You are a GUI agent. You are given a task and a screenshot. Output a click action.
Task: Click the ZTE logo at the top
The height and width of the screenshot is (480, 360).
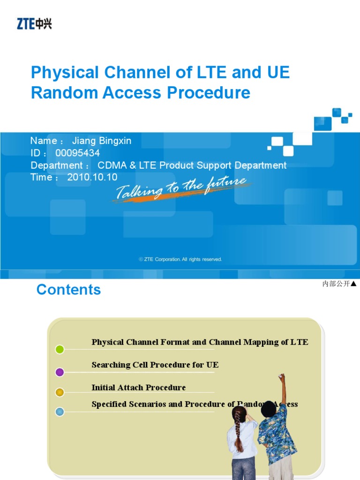tap(34, 23)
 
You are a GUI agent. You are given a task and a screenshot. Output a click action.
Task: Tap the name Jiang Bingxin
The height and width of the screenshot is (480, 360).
tap(102, 141)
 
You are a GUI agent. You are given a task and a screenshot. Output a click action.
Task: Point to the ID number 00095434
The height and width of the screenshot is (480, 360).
tap(77, 153)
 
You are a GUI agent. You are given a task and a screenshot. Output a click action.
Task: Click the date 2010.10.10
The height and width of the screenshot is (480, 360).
tap(92, 178)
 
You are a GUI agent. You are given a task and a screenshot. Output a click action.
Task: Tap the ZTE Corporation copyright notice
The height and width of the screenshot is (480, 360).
tap(180, 259)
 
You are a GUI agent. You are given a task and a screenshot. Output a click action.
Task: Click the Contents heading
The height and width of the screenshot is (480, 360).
tap(68, 290)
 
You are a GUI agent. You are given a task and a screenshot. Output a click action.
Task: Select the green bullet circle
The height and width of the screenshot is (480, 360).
tap(60, 349)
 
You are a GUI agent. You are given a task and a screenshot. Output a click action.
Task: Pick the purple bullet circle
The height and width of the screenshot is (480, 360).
tap(60, 372)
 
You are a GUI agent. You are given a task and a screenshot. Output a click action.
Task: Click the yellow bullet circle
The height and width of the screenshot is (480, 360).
tap(60, 392)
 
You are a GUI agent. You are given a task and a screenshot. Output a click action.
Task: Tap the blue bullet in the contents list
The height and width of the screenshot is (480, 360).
tap(60, 412)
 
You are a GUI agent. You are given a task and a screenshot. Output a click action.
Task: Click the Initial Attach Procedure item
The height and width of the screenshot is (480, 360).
tap(139, 388)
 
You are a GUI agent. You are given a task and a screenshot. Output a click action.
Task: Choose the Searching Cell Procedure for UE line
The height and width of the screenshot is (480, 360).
tap(155, 365)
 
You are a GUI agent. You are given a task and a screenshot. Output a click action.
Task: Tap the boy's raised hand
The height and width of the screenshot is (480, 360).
tap(281, 377)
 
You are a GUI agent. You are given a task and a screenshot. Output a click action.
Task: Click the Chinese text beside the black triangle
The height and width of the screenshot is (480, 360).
tap(336, 284)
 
